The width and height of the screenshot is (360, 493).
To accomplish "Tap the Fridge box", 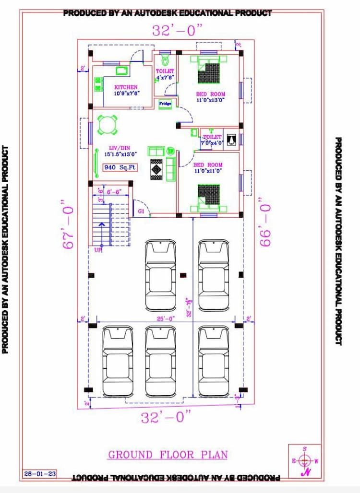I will click(x=165, y=104).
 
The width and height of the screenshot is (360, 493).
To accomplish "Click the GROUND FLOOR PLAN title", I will click(x=168, y=455).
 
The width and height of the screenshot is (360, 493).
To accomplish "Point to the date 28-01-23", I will click(x=40, y=474).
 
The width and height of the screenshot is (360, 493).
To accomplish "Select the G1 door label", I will click(x=141, y=211).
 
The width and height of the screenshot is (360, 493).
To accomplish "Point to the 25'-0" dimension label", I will click(x=166, y=318).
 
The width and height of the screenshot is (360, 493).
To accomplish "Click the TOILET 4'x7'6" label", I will click(x=165, y=74).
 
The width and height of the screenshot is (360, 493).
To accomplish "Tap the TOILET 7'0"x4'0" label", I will click(x=211, y=140).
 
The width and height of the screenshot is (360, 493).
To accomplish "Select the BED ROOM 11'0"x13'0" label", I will click(x=210, y=97).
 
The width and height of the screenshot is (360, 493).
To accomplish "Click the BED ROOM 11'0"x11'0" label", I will click(x=208, y=167).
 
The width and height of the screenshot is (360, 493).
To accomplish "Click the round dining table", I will click(x=107, y=125).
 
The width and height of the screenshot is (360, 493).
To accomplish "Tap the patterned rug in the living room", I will click(x=157, y=168).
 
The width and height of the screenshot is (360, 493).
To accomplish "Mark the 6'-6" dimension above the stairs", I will click(x=114, y=191).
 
